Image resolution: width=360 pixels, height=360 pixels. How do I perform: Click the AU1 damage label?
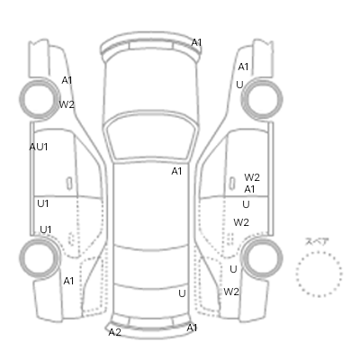39,147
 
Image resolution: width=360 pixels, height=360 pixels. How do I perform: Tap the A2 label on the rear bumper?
114,332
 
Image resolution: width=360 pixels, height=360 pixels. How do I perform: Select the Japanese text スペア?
317,242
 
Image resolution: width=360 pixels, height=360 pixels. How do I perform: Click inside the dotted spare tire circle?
319,274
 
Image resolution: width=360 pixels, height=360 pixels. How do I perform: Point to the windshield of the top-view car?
151,135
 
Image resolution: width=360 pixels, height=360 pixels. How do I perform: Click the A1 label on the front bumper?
196,42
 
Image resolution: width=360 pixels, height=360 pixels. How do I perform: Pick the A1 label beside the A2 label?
192,328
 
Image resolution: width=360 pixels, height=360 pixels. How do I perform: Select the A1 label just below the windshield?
176,171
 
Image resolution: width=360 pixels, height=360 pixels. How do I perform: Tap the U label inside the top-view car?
182,293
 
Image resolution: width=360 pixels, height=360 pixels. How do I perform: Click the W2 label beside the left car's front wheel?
67,104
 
